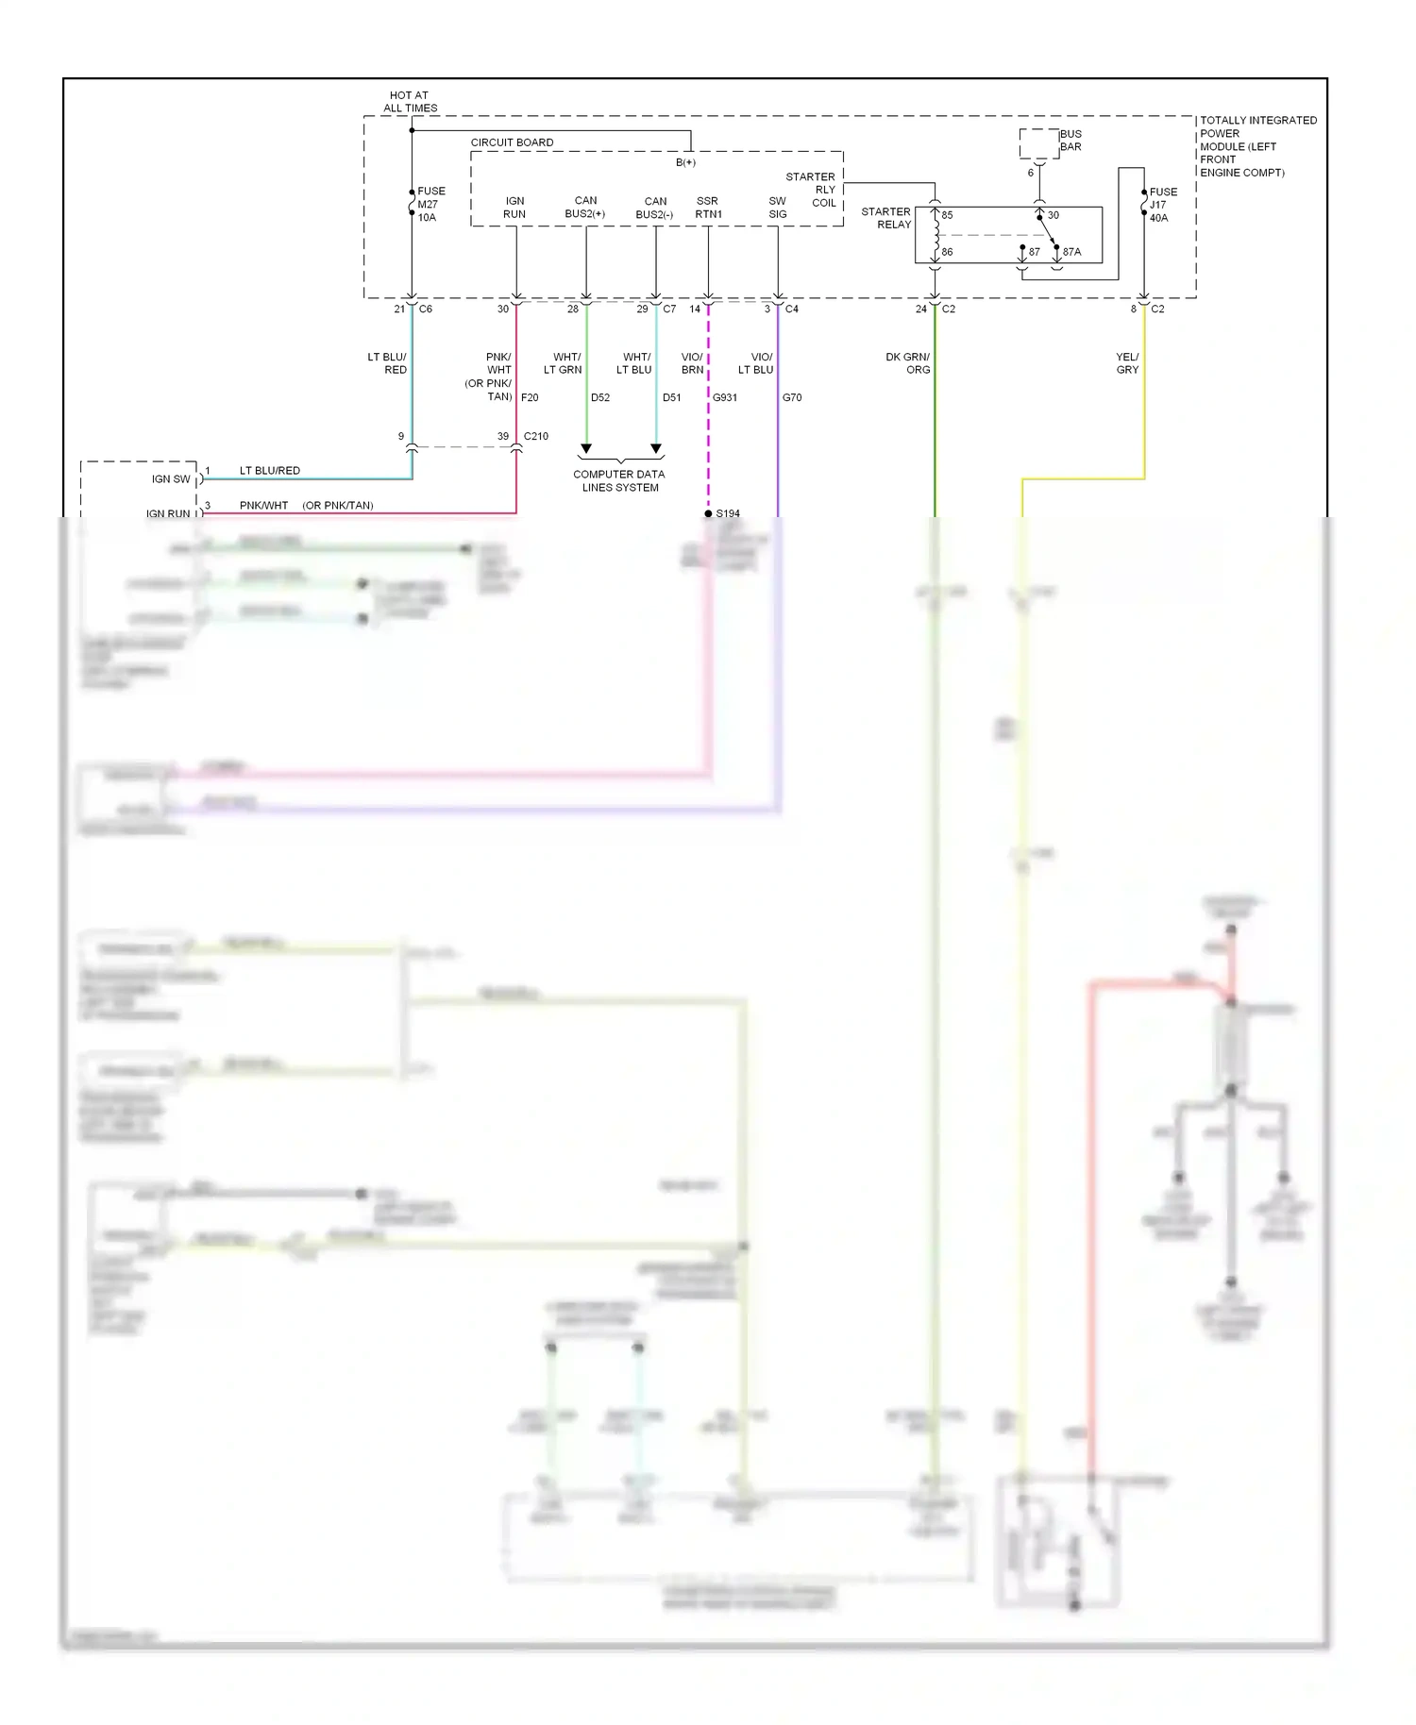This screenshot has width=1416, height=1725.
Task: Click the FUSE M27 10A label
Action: (430, 204)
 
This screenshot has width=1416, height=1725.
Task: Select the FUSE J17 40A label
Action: (1162, 205)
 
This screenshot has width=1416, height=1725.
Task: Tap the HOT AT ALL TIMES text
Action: (410, 102)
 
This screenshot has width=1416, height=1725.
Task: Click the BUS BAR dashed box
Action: (1038, 143)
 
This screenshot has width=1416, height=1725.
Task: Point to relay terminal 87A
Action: (1071, 252)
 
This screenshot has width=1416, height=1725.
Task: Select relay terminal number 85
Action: (947, 215)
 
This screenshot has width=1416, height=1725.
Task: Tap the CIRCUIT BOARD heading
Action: (512, 142)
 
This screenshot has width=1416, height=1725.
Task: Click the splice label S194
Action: (728, 513)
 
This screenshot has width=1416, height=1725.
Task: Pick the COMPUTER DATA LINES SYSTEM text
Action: (619, 481)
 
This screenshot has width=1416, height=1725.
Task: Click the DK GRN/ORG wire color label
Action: (908, 363)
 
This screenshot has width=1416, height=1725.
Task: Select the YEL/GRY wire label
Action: (1127, 363)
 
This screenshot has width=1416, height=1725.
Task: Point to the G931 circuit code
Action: (725, 397)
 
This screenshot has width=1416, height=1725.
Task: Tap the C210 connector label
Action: (536, 436)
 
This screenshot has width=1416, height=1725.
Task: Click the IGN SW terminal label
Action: (171, 479)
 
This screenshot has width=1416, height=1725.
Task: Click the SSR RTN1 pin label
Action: (708, 208)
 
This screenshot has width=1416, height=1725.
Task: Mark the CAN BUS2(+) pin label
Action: (585, 207)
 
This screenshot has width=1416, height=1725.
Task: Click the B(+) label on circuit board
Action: (685, 162)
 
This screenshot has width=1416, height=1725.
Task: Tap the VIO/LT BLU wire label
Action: (756, 363)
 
